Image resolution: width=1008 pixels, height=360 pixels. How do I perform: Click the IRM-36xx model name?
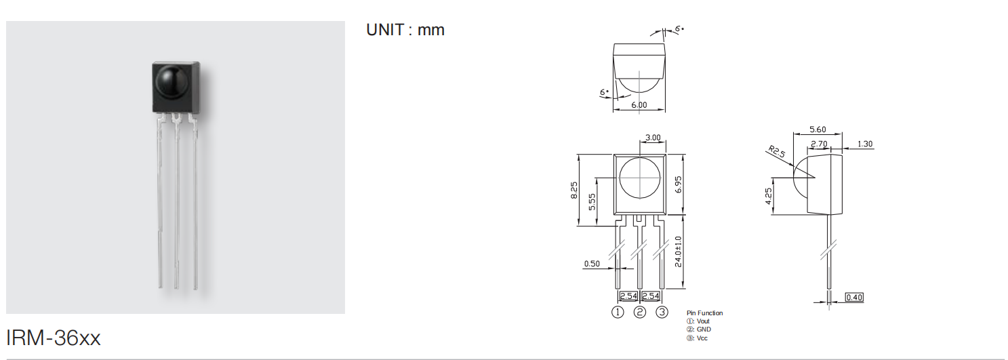(53, 338)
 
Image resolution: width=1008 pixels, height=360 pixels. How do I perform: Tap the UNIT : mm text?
(405, 30)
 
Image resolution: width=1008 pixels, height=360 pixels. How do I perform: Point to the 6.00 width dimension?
(639, 105)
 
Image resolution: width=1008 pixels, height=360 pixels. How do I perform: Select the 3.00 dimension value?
(653, 138)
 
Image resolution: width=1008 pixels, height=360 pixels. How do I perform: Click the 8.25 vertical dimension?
(574, 191)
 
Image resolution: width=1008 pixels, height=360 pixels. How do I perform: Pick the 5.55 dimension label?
(592, 201)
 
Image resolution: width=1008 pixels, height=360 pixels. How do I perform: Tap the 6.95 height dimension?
(679, 184)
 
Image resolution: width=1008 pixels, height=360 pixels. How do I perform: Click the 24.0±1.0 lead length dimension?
(679, 252)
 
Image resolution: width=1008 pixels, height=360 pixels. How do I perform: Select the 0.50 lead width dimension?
(592, 264)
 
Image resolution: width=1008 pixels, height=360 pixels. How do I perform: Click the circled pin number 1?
(618, 312)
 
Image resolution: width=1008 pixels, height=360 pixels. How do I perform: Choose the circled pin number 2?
(640, 312)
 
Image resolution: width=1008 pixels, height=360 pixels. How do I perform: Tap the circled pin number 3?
(662, 312)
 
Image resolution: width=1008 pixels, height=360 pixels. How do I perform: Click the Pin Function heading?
(705, 313)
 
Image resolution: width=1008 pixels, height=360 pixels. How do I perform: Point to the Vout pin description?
(698, 321)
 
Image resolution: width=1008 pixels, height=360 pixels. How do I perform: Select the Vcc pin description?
(697, 338)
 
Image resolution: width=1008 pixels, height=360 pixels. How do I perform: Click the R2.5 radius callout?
(776, 151)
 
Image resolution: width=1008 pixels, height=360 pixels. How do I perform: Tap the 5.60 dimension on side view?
(818, 129)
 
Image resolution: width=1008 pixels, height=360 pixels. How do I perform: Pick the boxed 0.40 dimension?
(854, 297)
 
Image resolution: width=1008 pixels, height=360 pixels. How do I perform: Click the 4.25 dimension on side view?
(769, 196)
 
